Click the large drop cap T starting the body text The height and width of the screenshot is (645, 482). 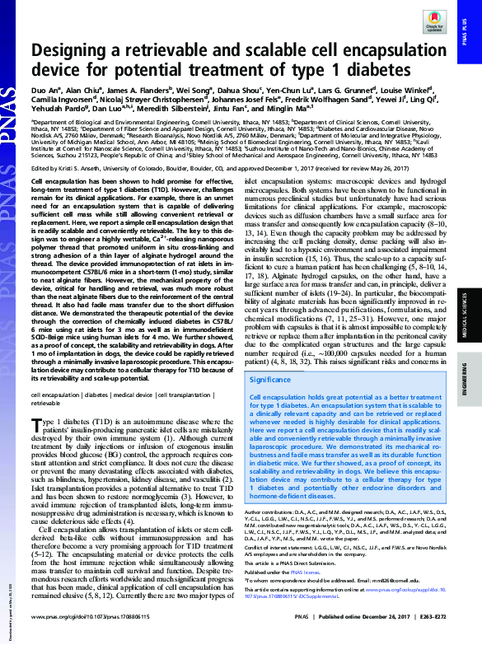tap(35, 426)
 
